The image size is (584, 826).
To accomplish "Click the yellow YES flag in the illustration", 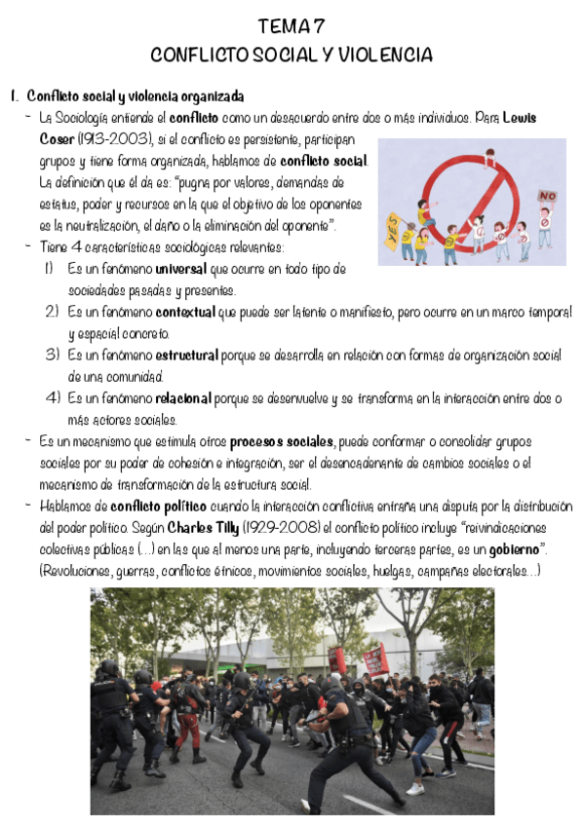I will pos(394,223).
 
